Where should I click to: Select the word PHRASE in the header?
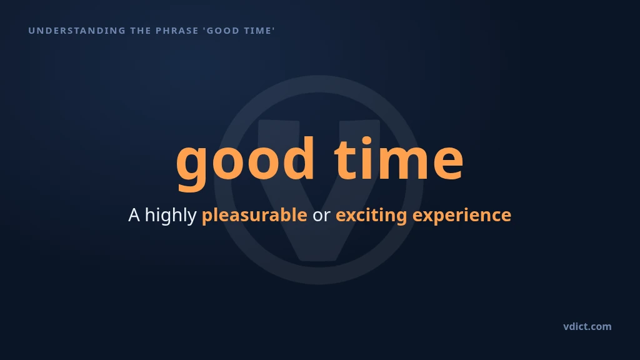[x=177, y=31]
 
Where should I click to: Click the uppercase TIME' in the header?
[x=259, y=31]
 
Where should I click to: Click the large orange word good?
[x=245, y=163]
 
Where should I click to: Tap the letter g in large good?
[x=192, y=168]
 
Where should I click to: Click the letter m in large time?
[x=404, y=163]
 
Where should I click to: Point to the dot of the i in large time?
[x=366, y=141]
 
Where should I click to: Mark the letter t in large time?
[x=344, y=161]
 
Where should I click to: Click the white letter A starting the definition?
[x=134, y=215]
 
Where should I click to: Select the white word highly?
[x=171, y=216]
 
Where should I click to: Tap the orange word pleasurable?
[x=254, y=215]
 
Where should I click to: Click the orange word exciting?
[x=371, y=216]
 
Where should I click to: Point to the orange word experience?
[x=462, y=216]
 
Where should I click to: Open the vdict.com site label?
[x=587, y=326]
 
